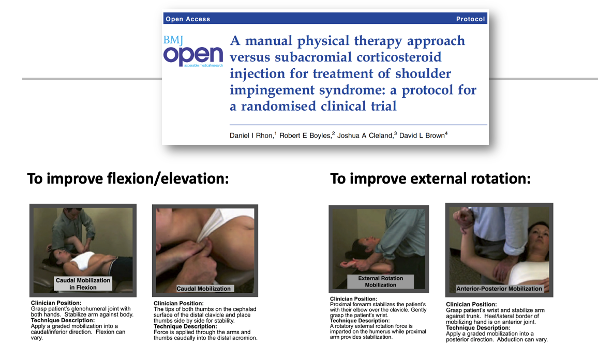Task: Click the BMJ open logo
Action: tap(193, 52)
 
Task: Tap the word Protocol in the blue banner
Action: tap(470, 19)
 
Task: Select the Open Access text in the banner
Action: tap(188, 19)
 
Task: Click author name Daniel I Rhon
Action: tap(251, 136)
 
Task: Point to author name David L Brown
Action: tap(422, 136)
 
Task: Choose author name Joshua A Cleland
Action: tap(365, 136)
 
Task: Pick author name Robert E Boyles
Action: tap(305, 136)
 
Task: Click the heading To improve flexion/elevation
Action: tap(128, 178)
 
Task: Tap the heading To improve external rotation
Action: tap(430, 178)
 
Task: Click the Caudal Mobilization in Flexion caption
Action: tap(83, 284)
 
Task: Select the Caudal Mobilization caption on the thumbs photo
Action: tap(204, 289)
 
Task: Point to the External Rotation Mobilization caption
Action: tap(380, 281)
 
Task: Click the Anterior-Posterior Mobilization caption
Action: tap(499, 289)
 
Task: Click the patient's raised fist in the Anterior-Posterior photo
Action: tap(462, 219)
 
